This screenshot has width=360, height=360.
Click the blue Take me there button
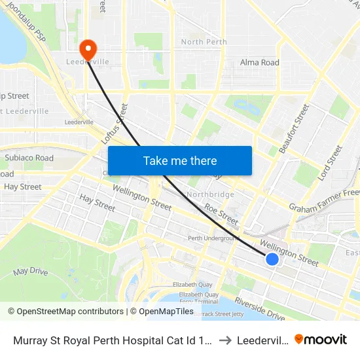click(179, 160)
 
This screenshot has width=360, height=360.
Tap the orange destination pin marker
click(87, 48)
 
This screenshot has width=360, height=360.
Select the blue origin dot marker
click(272, 259)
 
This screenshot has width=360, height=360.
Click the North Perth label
click(204, 42)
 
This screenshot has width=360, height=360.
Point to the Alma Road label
click(259, 63)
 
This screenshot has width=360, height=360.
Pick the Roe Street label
click(221, 213)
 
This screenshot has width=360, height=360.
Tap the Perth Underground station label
click(212, 238)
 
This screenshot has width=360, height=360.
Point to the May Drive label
click(30, 271)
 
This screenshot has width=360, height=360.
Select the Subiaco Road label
click(29, 158)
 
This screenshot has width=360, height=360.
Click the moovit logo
click(321, 340)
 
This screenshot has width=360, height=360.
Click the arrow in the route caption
click(225, 340)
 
